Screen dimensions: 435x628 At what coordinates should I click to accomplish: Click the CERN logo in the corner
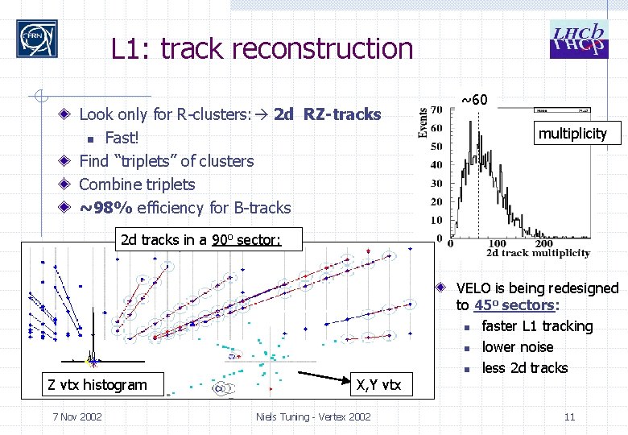click(x=37, y=39)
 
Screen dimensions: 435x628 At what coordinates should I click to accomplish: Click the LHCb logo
click(x=577, y=40)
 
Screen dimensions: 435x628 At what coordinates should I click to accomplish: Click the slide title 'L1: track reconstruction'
click(x=262, y=49)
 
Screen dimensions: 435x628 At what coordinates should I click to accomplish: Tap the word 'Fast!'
click(x=122, y=138)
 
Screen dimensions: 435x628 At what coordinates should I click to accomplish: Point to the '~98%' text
click(x=106, y=208)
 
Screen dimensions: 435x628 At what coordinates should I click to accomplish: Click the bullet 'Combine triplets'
click(x=137, y=184)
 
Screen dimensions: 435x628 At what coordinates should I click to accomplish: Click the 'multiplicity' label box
click(x=572, y=133)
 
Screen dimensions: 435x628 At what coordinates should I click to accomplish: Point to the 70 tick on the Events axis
click(x=436, y=110)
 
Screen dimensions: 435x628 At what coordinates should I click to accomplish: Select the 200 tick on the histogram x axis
click(x=544, y=242)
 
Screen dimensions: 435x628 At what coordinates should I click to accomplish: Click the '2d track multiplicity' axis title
click(x=537, y=253)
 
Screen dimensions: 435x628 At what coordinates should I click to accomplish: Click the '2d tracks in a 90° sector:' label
click(x=200, y=239)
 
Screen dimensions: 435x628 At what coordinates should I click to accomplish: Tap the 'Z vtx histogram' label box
click(x=97, y=384)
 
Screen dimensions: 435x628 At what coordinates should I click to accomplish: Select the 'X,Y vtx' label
click(x=378, y=384)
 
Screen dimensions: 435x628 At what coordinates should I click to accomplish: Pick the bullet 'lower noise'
click(x=517, y=347)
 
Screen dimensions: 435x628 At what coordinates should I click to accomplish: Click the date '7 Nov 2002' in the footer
click(x=76, y=416)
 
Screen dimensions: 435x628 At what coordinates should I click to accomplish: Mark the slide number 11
click(x=569, y=416)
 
